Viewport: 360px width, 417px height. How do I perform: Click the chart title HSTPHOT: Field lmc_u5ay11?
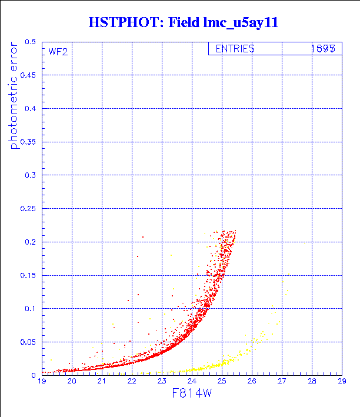click(182, 23)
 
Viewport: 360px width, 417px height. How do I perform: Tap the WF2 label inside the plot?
click(58, 51)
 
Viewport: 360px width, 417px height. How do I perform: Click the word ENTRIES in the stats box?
click(235, 49)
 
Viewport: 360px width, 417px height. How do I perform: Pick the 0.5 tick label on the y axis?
click(29, 42)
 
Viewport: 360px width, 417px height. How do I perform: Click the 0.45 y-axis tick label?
click(28, 75)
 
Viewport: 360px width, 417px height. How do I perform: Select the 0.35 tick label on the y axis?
click(28, 142)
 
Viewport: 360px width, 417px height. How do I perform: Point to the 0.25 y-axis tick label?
click(28, 208)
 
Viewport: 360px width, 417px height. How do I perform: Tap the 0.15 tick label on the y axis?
click(28, 275)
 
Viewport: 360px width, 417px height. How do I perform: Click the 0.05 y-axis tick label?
click(28, 341)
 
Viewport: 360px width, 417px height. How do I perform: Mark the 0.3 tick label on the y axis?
click(29, 175)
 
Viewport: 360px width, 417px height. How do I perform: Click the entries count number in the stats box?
click(323, 49)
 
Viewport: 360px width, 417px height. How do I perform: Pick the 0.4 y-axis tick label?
click(29, 109)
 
